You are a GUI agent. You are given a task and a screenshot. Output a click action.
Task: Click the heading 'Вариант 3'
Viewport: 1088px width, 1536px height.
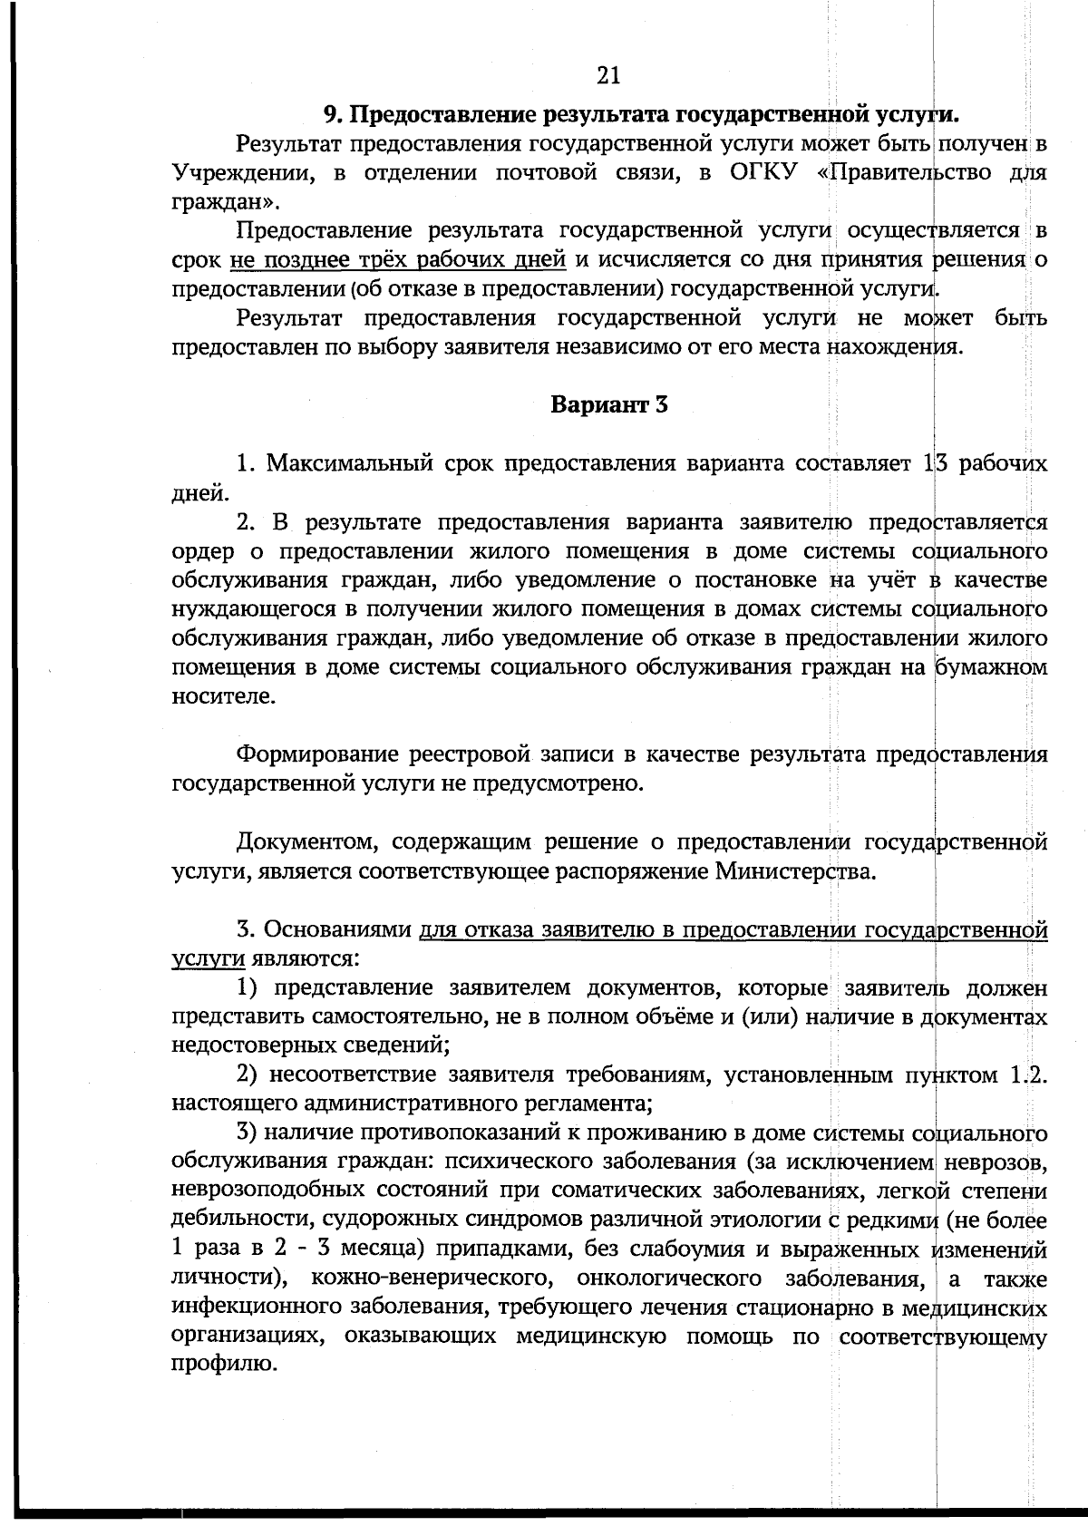point(608,404)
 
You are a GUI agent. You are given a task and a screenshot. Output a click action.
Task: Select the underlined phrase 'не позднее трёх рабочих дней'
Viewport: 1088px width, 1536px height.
point(398,260)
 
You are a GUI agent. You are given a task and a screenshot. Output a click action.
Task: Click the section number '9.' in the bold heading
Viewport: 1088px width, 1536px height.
point(335,114)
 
